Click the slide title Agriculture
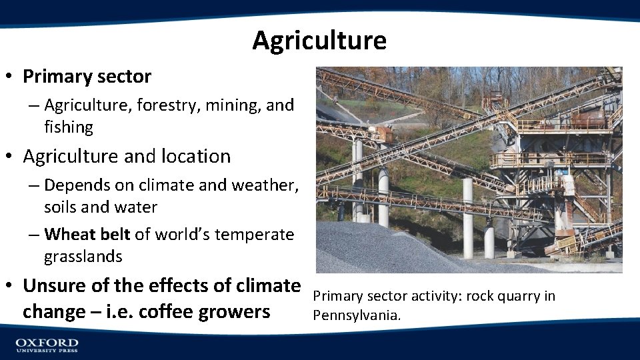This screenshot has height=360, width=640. click(x=319, y=41)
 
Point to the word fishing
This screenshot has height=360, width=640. click(x=69, y=127)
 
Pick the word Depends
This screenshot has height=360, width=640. click(x=74, y=185)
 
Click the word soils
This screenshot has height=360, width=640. click(x=61, y=207)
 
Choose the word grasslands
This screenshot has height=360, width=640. click(x=83, y=257)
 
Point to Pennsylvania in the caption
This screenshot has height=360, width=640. click(x=357, y=315)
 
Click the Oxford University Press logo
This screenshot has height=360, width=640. click(x=47, y=345)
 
